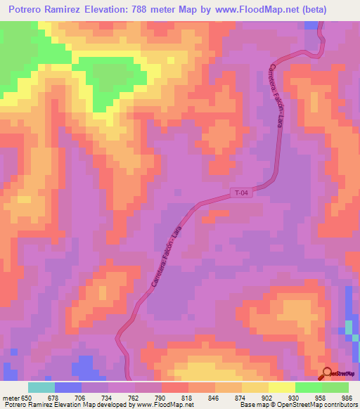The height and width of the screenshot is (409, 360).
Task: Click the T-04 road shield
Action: pyautogui.click(x=241, y=191)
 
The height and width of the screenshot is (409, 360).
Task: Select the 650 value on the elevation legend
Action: pyautogui.click(x=27, y=396)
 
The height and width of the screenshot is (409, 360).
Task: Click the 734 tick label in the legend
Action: pyautogui.click(x=107, y=396)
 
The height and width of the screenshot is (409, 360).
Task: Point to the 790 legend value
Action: pyautogui.click(x=160, y=396)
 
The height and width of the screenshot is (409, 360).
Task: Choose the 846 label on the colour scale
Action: pyautogui.click(x=214, y=396)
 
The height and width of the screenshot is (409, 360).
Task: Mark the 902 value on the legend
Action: pyautogui.click(x=267, y=396)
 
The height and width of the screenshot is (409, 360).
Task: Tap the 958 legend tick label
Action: pyautogui.click(x=321, y=396)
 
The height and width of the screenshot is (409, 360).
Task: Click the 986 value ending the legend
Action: pyautogui.click(x=347, y=396)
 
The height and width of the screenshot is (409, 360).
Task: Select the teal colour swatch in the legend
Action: pyautogui.click(x=41, y=387)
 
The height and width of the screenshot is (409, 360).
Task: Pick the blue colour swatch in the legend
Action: pyautogui.click(x=67, y=387)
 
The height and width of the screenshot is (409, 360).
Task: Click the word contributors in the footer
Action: pyautogui.click(x=340, y=405)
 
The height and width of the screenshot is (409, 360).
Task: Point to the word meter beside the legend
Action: pyautogui.click(x=10, y=396)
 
